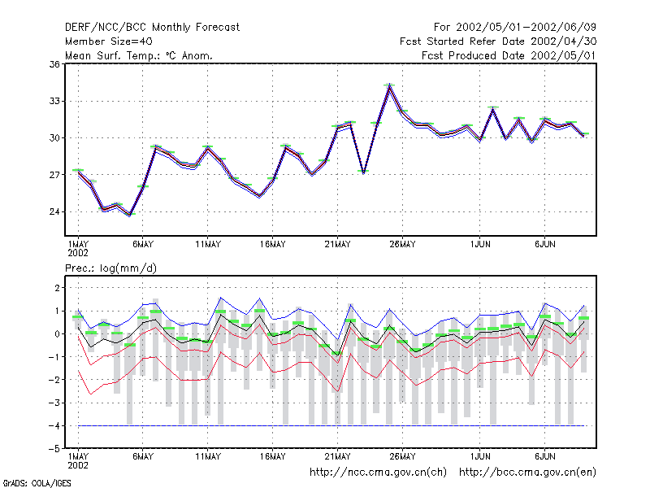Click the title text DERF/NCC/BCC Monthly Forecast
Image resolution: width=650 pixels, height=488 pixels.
pyautogui.click(x=152, y=28)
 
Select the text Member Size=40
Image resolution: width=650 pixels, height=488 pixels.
pyautogui.click(x=109, y=41)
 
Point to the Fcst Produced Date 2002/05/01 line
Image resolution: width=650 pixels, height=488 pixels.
pyautogui.click(x=509, y=55)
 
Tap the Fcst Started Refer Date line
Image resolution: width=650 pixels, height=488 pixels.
pyautogui.click(x=498, y=41)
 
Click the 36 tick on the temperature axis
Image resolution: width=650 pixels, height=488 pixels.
pyautogui.click(x=54, y=64)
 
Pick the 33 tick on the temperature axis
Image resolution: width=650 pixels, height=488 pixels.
pyautogui.click(x=54, y=101)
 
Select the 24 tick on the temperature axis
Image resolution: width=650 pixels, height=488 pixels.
pyautogui.click(x=54, y=211)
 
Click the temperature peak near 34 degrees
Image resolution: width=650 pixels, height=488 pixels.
pyautogui.click(x=389, y=85)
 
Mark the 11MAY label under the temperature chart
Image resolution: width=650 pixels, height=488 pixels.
pyautogui.click(x=208, y=245)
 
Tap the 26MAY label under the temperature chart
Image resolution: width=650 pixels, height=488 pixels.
pyautogui.click(x=402, y=245)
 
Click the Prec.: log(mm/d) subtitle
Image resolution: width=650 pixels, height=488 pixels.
pyautogui.click(x=110, y=268)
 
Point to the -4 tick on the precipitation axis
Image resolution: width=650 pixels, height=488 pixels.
pyautogui.click(x=54, y=425)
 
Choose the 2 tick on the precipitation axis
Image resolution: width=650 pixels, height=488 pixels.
pyautogui.click(x=57, y=288)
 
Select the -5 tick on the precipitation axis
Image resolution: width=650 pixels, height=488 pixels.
pyautogui.click(x=54, y=449)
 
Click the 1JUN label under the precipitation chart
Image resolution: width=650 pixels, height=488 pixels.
pyautogui.click(x=480, y=456)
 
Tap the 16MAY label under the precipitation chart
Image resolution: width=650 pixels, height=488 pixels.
pyautogui.click(x=272, y=456)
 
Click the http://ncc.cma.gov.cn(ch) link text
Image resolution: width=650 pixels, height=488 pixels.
pyautogui.click(x=378, y=473)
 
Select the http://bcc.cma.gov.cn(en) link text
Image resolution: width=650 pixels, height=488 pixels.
pyautogui.click(x=527, y=473)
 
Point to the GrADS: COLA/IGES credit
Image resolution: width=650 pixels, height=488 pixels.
pyautogui.click(x=37, y=483)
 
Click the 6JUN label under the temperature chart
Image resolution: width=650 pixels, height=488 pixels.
pyautogui.click(x=544, y=245)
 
